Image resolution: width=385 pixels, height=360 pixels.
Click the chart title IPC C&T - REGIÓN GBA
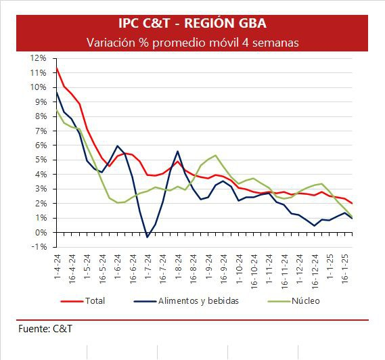coord(192,23)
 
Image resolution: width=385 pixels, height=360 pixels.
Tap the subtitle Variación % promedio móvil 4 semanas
coord(193,43)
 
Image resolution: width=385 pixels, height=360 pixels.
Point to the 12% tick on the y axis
coord(38,58)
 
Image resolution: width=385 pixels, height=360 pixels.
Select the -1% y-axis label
coord(39,247)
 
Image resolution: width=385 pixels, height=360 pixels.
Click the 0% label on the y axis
coord(41,232)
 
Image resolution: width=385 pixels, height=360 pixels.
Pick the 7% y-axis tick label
coord(41,131)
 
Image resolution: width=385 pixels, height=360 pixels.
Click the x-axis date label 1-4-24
coord(58,267)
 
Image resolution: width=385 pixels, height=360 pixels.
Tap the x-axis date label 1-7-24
coord(148,267)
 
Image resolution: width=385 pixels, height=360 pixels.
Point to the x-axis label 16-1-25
coord(345,269)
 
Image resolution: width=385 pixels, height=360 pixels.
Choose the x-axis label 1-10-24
coord(239,269)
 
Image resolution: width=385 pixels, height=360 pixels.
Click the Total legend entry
coord(83,301)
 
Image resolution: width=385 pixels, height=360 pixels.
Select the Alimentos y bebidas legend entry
coord(186,301)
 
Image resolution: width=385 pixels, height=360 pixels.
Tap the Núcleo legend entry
coord(294,301)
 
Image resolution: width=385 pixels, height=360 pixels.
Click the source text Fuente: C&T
coord(45,329)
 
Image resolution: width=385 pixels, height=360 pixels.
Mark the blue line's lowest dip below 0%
coord(148,238)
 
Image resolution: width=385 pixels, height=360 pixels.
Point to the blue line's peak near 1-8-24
coord(178,152)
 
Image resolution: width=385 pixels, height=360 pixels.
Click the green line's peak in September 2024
coord(215,155)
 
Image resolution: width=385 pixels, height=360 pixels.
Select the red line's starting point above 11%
coord(57,68)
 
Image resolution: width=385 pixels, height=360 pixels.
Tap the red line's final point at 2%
coord(353,203)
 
